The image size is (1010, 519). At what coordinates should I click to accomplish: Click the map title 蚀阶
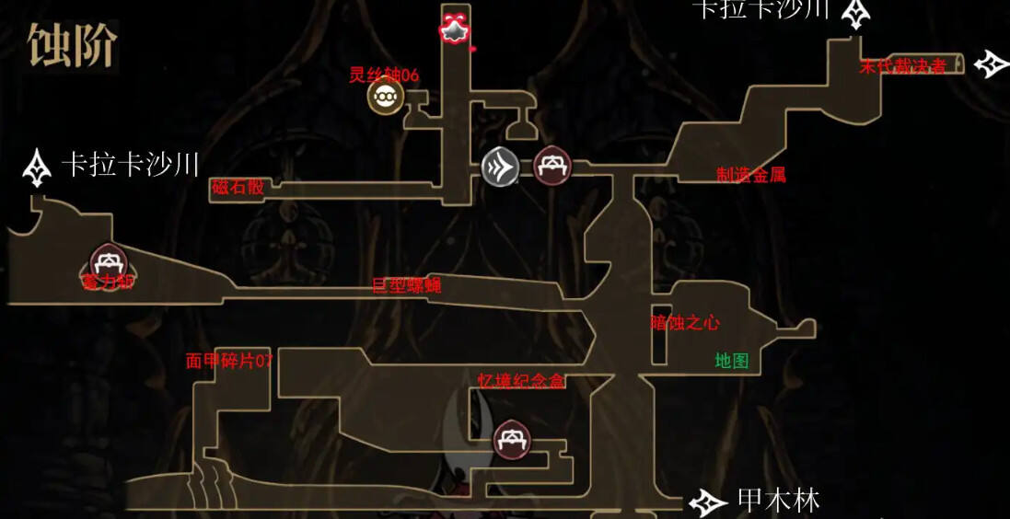(x=72, y=46)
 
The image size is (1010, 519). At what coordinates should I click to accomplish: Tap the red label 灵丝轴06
(x=384, y=75)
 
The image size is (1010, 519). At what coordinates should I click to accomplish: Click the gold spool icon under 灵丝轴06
(x=384, y=97)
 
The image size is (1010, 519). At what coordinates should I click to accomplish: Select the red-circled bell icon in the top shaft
(x=453, y=29)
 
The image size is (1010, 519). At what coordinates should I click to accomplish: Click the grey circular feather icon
(x=500, y=167)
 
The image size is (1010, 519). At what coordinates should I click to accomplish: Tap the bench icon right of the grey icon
(x=552, y=166)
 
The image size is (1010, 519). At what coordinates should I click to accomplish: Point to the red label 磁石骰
(x=238, y=187)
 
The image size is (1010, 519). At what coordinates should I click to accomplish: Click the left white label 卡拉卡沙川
(x=130, y=166)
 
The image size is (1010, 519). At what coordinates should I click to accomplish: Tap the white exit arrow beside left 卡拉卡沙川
(x=37, y=167)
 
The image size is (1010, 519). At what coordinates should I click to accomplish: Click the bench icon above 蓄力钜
(x=108, y=262)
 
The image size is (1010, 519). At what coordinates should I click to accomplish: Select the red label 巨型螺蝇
(x=406, y=285)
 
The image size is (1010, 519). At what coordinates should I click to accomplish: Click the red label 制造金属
(x=751, y=175)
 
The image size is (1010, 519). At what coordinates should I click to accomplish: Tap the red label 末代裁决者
(x=902, y=66)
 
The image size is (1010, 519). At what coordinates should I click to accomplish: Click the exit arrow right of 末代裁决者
(x=992, y=63)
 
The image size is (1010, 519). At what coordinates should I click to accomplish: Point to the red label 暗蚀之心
(x=685, y=323)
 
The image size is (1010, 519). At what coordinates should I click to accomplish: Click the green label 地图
(x=732, y=361)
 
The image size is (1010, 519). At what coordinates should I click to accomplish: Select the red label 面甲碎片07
(x=229, y=361)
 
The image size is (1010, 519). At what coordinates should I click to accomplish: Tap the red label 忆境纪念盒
(x=521, y=381)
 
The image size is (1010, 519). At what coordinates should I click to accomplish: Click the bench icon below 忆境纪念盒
(x=511, y=440)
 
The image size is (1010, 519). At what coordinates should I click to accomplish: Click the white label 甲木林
(x=778, y=501)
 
